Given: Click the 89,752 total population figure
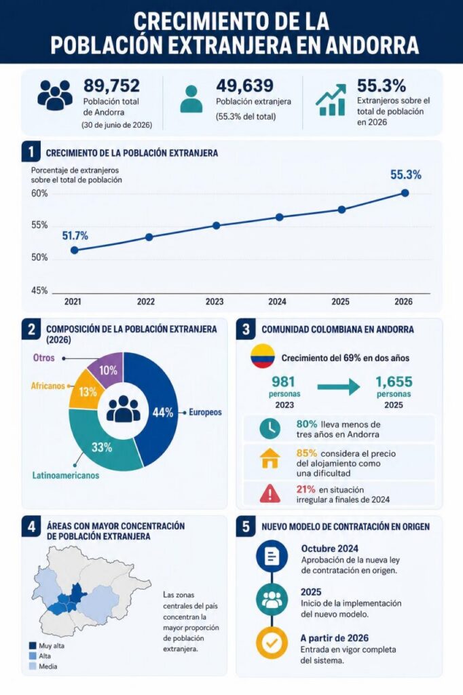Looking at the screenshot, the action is click(x=111, y=86).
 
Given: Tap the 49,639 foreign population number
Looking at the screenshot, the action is click(x=244, y=86).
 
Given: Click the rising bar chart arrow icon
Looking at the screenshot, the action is click(x=331, y=100).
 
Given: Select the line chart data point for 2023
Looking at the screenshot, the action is click(x=216, y=225).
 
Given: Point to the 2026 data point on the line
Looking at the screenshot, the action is click(x=405, y=193).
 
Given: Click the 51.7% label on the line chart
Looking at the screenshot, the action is click(x=75, y=236).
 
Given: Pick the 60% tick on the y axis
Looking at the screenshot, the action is click(x=39, y=193).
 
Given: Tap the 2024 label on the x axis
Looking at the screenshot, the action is click(x=277, y=302).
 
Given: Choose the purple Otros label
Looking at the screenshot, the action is click(x=44, y=358).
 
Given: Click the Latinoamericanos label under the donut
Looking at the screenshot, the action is click(x=66, y=475).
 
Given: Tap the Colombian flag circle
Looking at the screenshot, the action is click(x=263, y=356).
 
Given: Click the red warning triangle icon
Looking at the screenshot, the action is click(x=270, y=493).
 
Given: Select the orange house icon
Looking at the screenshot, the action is click(x=270, y=458).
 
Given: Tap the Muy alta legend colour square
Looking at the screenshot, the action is click(x=33, y=645).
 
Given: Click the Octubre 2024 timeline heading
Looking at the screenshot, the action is click(x=329, y=548).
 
